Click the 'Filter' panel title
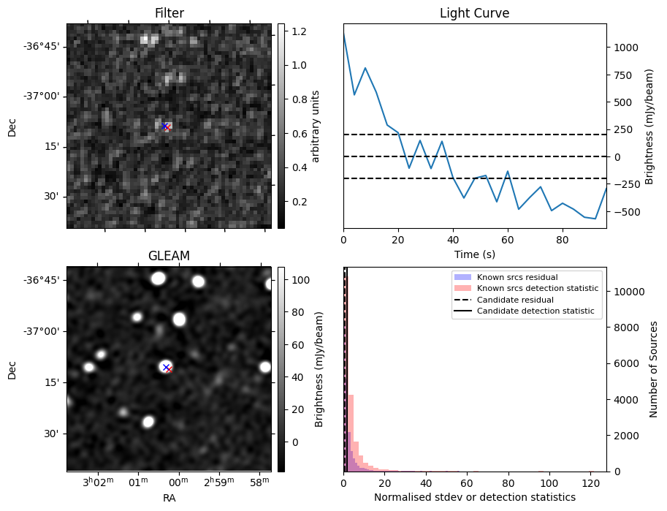point(169,13)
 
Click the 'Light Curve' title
point(474,13)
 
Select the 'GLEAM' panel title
point(169,256)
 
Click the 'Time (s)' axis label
point(474,254)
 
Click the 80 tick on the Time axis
point(562,238)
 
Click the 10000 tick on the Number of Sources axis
point(626,291)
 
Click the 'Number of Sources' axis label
point(654,369)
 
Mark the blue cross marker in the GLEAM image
point(166,367)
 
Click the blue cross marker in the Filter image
point(164,126)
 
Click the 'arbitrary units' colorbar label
point(316,126)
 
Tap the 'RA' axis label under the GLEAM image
point(169,498)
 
